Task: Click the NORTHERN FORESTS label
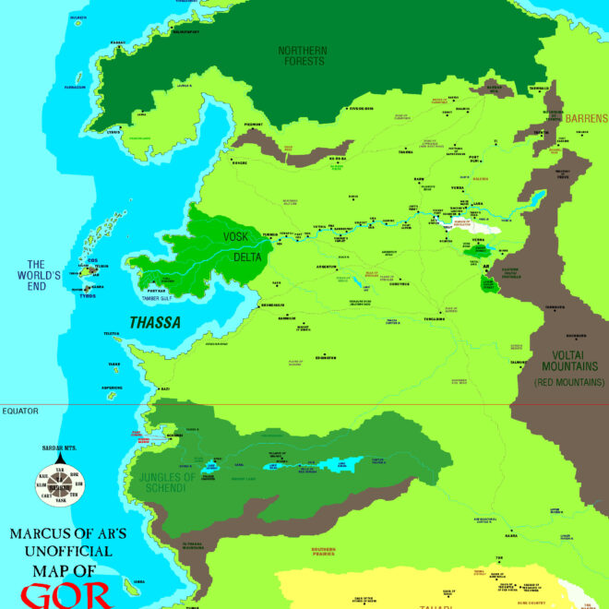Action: pos(302,55)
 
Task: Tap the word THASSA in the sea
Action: pos(154,323)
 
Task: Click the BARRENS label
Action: pos(587,118)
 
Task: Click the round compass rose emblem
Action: pos(58,483)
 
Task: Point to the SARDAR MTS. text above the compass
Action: pos(57,448)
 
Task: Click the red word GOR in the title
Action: pos(66,595)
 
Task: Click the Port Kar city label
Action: pos(156,291)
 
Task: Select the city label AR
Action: pos(485,269)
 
